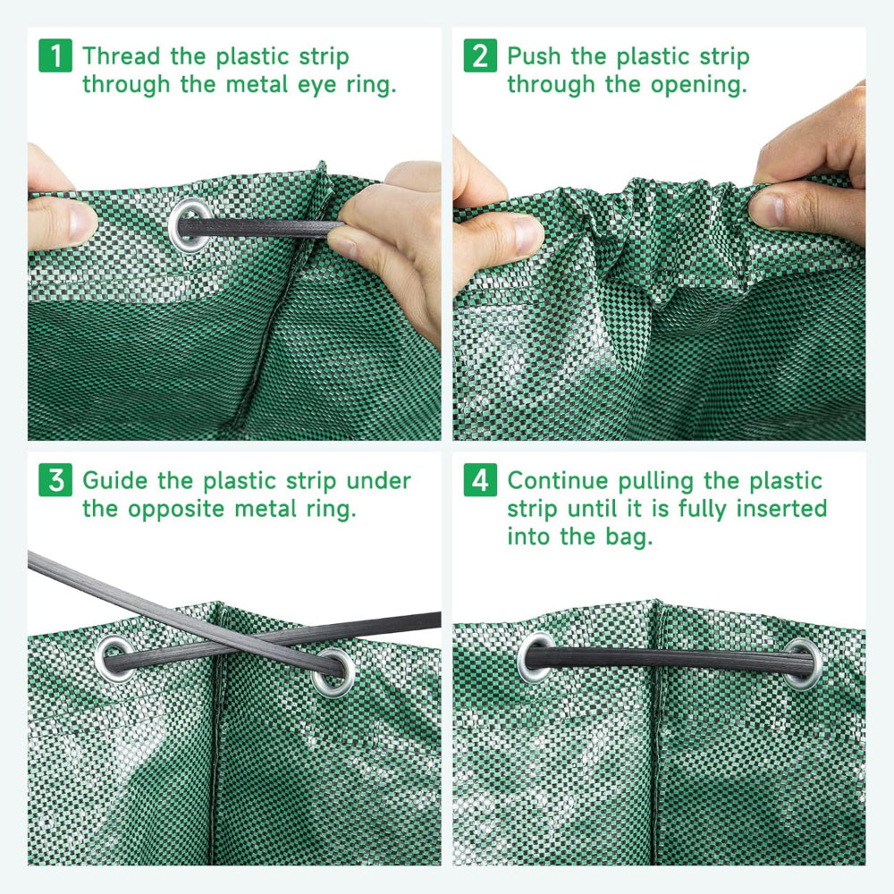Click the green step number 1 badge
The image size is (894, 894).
tap(56, 55)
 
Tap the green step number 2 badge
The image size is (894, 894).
tap(481, 55)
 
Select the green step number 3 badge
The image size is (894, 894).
tap(56, 480)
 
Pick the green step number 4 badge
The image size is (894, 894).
tap(481, 480)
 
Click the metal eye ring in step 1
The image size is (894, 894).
tap(190, 223)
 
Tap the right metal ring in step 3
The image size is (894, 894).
tap(333, 670)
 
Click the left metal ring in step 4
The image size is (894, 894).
tap(538, 657)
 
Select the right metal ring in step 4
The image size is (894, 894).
tap(802, 662)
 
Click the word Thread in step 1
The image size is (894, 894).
tap(122, 55)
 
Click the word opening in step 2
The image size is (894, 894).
tap(699, 86)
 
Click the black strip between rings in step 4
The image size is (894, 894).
tap(670, 660)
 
